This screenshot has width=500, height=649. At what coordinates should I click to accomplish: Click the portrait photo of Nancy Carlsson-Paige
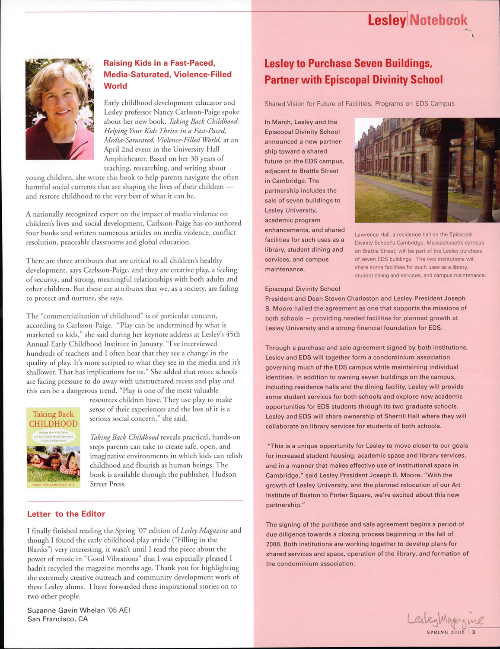coord(60,109)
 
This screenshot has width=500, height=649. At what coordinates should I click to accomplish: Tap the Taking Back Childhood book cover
coord(54,448)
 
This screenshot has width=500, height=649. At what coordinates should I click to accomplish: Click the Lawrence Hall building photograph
coord(427,170)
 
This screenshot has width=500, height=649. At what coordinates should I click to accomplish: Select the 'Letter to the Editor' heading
coord(66,514)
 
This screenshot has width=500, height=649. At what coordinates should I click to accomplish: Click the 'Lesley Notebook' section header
coord(417,20)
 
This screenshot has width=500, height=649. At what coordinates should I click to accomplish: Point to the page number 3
coord(473,632)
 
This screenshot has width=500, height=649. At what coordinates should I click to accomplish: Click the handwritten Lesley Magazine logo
coord(446,620)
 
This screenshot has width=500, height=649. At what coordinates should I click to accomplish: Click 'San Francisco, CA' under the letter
coord(57,619)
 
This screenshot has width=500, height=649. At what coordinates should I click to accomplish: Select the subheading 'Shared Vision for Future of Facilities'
coord(359,104)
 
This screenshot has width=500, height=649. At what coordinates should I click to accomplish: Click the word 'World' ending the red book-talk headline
coord(115,86)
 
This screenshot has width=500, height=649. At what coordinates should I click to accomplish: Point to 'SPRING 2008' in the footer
coord(446,632)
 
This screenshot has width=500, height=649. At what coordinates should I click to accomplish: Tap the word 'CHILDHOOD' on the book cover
coord(54,424)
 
